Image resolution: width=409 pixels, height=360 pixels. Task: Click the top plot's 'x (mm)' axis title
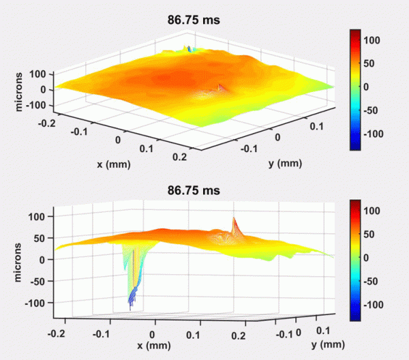(114, 164)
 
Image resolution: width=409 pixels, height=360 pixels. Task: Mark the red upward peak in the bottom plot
(234, 220)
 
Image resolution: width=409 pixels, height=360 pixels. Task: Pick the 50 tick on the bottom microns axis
(41, 238)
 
